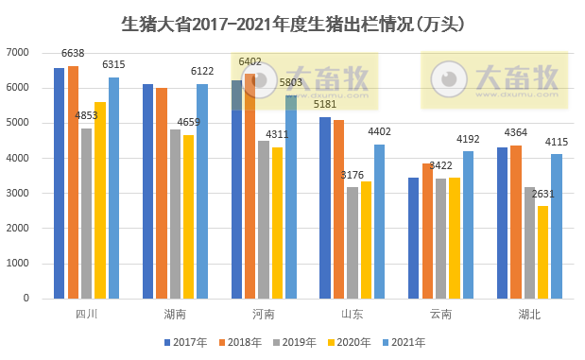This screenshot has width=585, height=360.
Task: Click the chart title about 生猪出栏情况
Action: pos(293,22)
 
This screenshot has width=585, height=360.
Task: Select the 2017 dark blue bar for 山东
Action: pos(325,207)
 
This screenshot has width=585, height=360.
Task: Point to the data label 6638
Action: pos(74,54)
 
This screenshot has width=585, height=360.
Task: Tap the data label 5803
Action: pos(290,83)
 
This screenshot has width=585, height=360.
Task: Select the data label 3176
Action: pos(353,175)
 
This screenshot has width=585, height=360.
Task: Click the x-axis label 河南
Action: pos(264,315)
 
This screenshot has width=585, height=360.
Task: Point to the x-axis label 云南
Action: pos(440,315)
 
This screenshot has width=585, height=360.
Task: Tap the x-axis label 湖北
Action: pos(529,315)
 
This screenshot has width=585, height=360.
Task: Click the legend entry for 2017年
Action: pos(185,342)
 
